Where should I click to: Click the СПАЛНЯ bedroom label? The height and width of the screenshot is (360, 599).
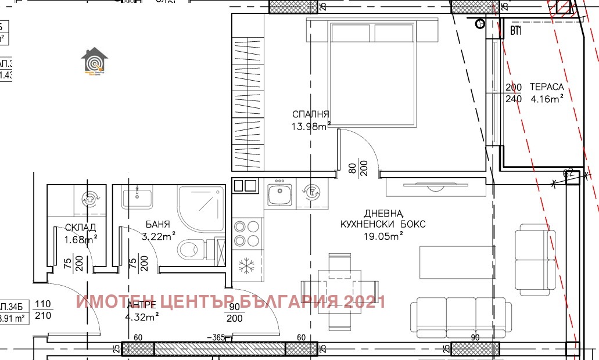pos(311,114)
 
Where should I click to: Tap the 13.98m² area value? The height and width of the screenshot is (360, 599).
pos(311,125)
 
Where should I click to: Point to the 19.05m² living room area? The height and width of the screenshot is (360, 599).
pos(384,235)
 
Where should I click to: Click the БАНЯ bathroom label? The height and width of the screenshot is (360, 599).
pos(158,224)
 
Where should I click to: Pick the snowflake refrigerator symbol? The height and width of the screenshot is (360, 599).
pos(248,267)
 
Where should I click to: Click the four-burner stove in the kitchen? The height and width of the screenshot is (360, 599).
pos(246,233)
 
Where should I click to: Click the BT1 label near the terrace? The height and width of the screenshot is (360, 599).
pos(515,31)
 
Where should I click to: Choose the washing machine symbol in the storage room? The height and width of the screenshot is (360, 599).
pos(90,197)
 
